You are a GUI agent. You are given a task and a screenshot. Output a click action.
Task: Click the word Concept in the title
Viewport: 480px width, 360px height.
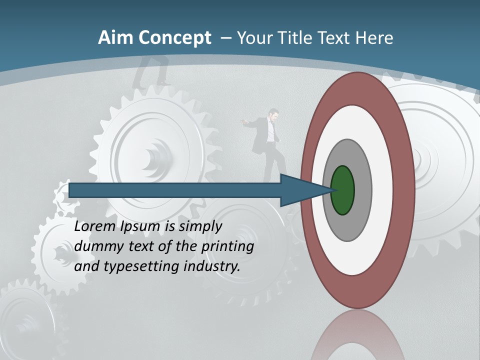174,38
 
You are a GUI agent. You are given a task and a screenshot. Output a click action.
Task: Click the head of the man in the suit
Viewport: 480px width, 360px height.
273,115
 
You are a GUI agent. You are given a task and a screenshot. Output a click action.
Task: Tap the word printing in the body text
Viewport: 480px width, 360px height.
227,247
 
